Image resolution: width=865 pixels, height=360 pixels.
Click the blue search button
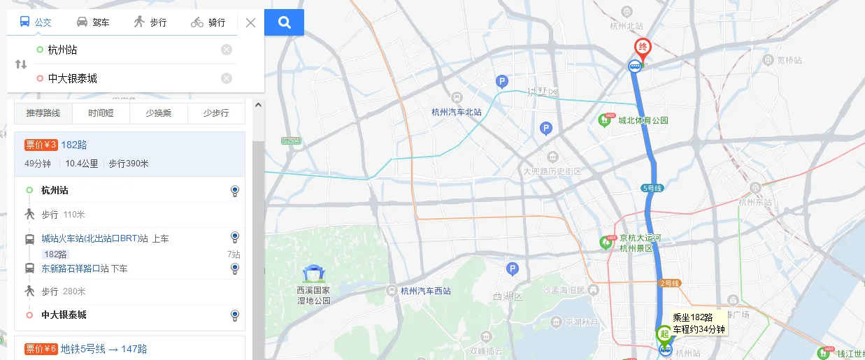284,22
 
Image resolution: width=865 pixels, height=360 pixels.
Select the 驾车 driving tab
93,22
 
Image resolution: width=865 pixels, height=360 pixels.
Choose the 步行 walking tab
150,22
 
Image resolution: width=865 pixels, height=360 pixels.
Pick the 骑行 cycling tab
208,22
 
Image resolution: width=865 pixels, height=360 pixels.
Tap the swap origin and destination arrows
21,64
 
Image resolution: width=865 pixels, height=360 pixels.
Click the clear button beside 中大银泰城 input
227,78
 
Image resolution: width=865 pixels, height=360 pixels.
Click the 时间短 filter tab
101,113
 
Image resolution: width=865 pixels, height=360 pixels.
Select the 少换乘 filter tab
159,113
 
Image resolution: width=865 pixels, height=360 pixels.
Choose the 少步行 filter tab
216,113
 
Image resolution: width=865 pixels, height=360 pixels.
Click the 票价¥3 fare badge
41,145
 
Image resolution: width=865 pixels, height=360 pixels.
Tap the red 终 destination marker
642,48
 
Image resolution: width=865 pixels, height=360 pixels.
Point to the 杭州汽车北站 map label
457,112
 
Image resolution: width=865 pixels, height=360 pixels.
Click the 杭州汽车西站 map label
426,291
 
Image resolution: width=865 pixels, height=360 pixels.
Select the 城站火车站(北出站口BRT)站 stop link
94,239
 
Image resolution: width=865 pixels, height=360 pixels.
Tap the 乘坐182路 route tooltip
699,323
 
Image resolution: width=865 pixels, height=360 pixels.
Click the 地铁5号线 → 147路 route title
103,349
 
